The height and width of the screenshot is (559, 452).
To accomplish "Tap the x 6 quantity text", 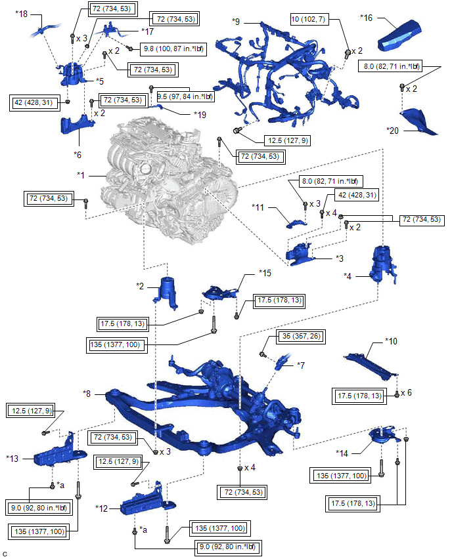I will click(408, 392).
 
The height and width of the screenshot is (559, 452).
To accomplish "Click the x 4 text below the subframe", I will click(250, 468).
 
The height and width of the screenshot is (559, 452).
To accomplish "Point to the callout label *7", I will click(301, 364).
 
